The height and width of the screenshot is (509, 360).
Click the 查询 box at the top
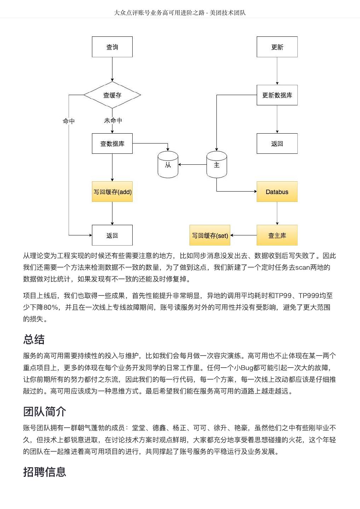coord(112,47)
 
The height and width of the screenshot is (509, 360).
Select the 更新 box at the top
coord(277,47)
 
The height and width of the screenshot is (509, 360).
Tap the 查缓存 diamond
coord(112,95)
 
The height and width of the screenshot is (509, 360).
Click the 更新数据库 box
coord(277,95)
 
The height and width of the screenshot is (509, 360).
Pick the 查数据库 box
coord(112,144)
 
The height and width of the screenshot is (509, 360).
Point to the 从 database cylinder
coord(168,165)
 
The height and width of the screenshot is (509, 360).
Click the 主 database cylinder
coord(216,165)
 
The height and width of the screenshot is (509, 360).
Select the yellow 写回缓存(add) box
coord(112,192)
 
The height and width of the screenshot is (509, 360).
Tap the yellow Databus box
coord(277,192)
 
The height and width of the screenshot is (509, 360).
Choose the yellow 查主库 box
coord(277,235)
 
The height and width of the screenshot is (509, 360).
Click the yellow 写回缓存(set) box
coord(210,235)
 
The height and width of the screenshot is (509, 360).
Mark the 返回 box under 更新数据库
coord(277,144)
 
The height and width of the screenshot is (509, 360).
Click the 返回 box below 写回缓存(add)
coord(112,235)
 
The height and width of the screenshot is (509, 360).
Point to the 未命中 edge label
coord(113,121)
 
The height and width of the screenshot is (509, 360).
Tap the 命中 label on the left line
coord(69,121)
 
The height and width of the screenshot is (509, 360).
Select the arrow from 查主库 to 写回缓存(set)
coord(243,235)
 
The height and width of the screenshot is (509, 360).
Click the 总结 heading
coord(34,339)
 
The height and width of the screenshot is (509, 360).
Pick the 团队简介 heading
coord(45,411)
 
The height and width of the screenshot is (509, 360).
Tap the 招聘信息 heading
coord(45,472)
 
